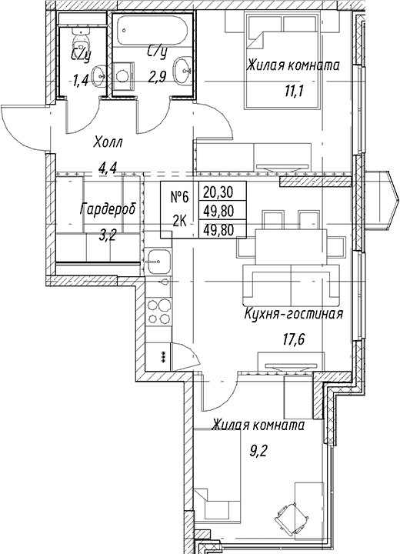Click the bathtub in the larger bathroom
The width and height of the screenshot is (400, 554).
152,30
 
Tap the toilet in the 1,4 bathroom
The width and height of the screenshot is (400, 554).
82,42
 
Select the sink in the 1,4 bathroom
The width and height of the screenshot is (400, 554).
99,75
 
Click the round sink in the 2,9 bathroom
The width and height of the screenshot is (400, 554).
182,70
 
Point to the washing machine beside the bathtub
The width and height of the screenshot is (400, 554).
123,75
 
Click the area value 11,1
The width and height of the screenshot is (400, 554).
295,91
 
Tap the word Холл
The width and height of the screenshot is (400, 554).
108,143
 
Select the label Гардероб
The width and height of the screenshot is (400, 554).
108,209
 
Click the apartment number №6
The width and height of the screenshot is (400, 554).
180,196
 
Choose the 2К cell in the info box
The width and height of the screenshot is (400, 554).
180,221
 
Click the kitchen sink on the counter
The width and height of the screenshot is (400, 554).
158,261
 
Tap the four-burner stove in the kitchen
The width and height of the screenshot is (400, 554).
159,311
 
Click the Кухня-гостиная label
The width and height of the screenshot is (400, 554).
294,314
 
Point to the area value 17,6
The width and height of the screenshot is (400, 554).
293,339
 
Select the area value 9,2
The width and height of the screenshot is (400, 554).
258,451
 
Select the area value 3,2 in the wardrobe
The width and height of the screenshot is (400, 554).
107,235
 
